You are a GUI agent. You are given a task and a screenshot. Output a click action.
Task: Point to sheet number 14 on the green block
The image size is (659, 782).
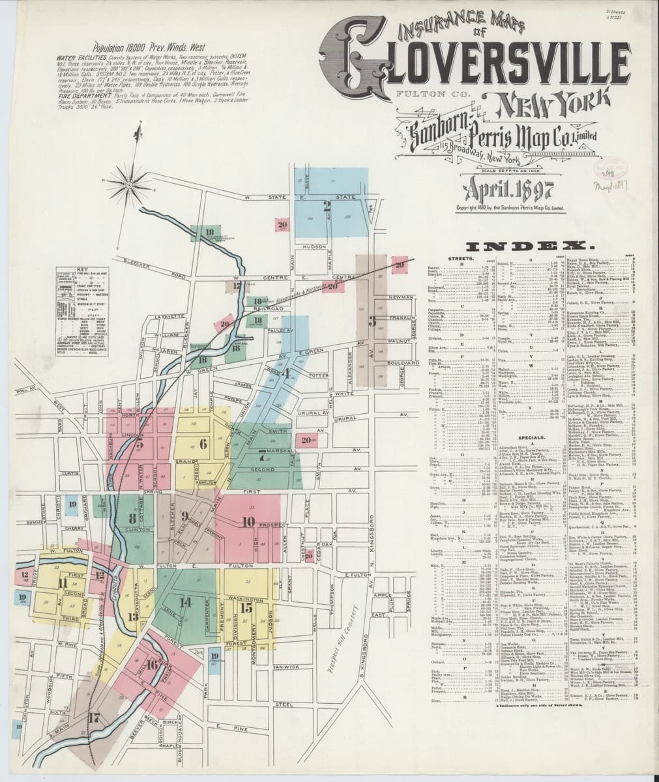186,602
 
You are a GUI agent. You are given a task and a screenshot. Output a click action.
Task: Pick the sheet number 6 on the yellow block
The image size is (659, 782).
203,444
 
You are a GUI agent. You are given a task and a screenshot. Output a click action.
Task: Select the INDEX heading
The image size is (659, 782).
527,246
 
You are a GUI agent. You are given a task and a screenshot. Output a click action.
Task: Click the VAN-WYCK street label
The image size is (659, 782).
286,668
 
